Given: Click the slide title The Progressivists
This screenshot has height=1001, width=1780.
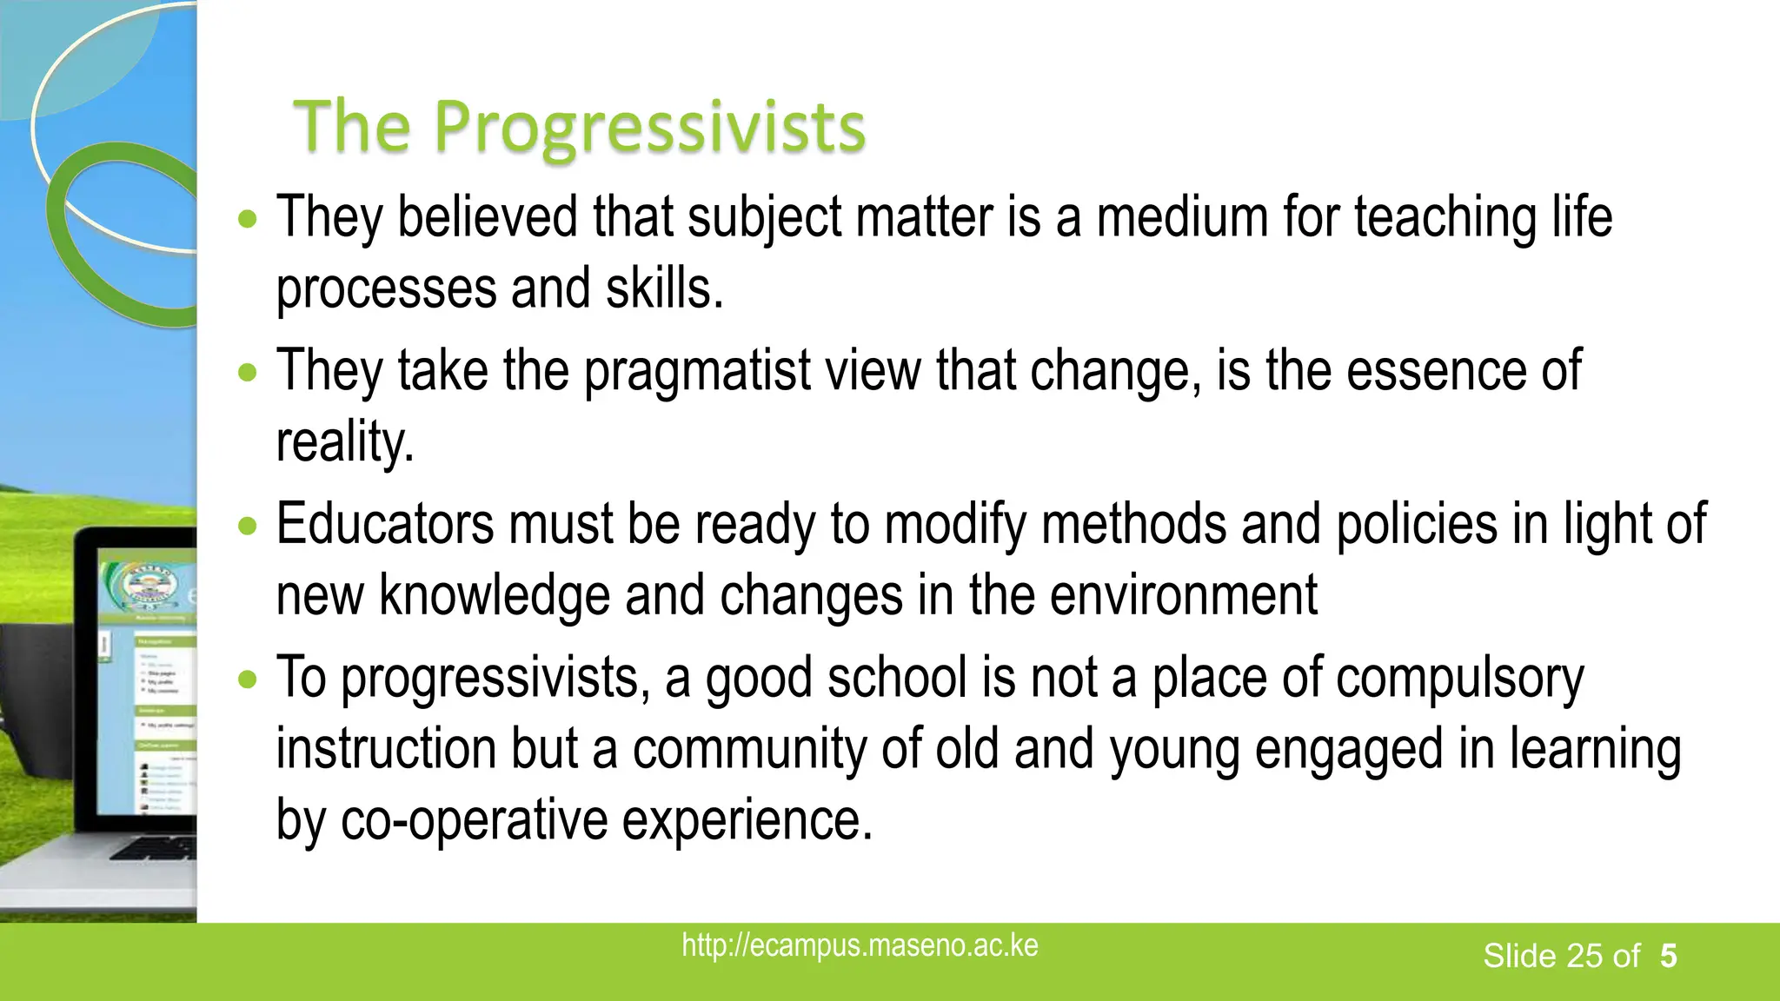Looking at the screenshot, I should point(580,127).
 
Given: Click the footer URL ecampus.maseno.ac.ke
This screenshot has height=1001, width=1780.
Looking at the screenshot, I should point(860,945).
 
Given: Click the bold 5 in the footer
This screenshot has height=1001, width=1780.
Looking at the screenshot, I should point(1668,956).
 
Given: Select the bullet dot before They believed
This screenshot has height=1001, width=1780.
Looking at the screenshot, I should point(249,218).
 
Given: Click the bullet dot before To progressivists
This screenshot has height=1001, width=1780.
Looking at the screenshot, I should point(249,679).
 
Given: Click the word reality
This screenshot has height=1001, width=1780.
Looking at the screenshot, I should point(344,442).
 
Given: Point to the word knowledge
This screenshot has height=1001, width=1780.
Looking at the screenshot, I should point(495,596).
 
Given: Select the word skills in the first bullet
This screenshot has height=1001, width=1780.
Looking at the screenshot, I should point(663,288).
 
